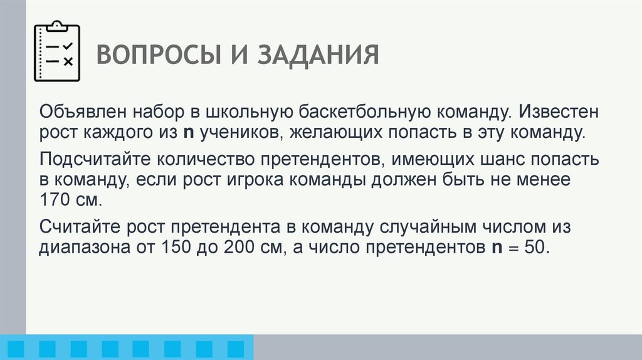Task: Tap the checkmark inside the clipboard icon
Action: click(68, 46)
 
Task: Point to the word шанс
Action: click(493, 159)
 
